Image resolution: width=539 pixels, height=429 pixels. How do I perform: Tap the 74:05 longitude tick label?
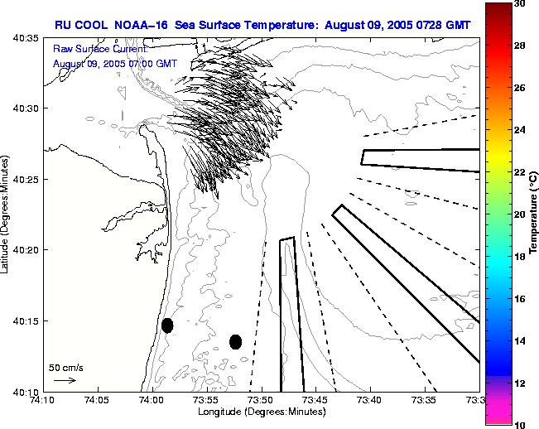tap(98, 400)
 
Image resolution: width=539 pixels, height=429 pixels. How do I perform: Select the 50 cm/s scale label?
tap(65, 367)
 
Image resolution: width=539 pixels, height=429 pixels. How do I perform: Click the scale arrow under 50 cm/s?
tap(65, 380)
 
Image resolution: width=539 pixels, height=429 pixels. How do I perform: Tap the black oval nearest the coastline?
tap(167, 325)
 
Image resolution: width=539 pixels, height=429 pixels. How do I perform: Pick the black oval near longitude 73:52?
tap(235, 341)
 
